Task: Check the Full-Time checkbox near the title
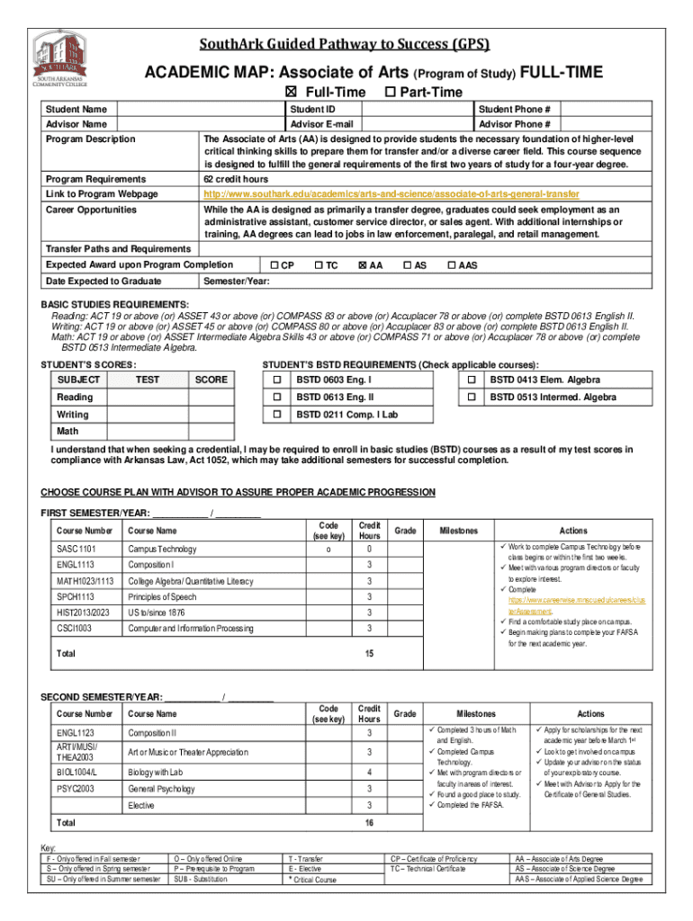[x=290, y=93]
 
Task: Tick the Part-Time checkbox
[x=390, y=93]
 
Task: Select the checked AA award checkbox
[x=363, y=265]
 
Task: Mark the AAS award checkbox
[x=452, y=265]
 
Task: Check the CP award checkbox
[x=274, y=265]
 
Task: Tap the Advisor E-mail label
[x=321, y=124]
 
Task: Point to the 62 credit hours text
[x=236, y=179]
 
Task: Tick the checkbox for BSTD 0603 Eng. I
[x=277, y=380]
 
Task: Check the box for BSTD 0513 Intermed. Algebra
[x=471, y=397]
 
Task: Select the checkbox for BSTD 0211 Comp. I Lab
[x=277, y=415]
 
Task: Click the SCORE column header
[x=211, y=380]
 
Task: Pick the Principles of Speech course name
[x=162, y=596]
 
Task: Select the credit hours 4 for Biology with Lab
[x=368, y=773]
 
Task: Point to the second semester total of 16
[x=369, y=823]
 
